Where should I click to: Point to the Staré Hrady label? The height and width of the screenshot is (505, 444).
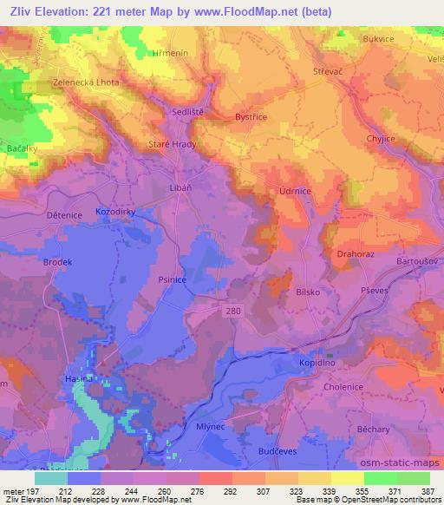tap(172, 145)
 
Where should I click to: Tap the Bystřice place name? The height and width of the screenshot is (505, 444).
tap(251, 116)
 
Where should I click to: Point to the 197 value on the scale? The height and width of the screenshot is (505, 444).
tap(34, 491)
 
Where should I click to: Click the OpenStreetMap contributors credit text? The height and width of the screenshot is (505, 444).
tap(385, 500)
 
